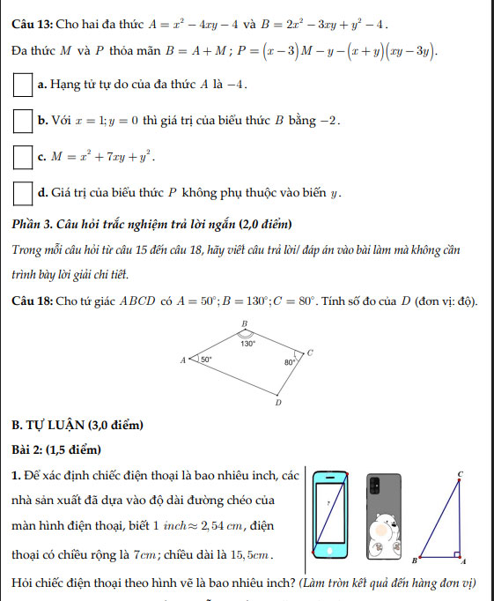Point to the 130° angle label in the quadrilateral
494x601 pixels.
coord(249,345)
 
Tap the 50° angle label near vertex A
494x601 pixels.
coord(206,360)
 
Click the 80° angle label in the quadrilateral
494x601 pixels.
coord(289,361)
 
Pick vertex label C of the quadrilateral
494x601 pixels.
coord(309,352)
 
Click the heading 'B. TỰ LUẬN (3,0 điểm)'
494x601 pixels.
coord(77,427)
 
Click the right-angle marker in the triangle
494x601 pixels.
coord(458,554)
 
